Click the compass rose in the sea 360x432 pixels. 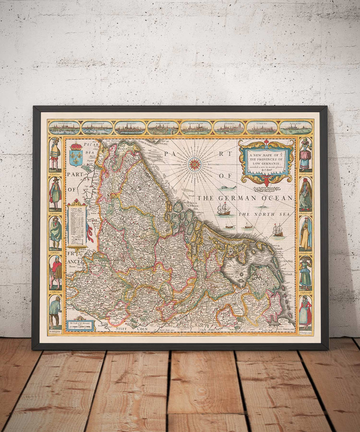pos(195,164)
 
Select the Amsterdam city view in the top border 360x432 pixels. pos(64,128)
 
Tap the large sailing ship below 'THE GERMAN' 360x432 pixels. pos(224,209)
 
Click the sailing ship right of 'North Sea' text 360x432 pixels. pos(278,230)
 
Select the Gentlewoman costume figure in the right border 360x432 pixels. pos(306,154)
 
